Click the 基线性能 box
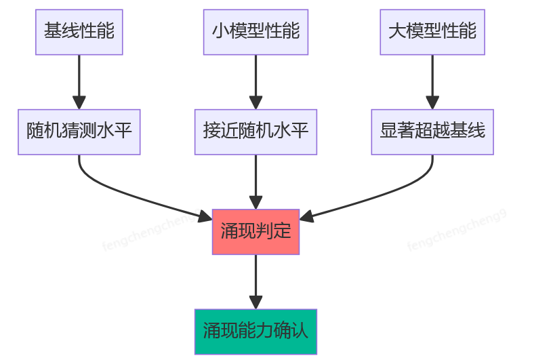79,32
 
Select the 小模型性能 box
256,32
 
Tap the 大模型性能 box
432,32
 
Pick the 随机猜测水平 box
79,132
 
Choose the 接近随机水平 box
256,132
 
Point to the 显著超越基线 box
432,132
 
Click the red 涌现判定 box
256,232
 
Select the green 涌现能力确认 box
256,332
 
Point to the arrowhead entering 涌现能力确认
256,302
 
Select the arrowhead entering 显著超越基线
432,102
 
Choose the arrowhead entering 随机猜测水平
79,102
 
